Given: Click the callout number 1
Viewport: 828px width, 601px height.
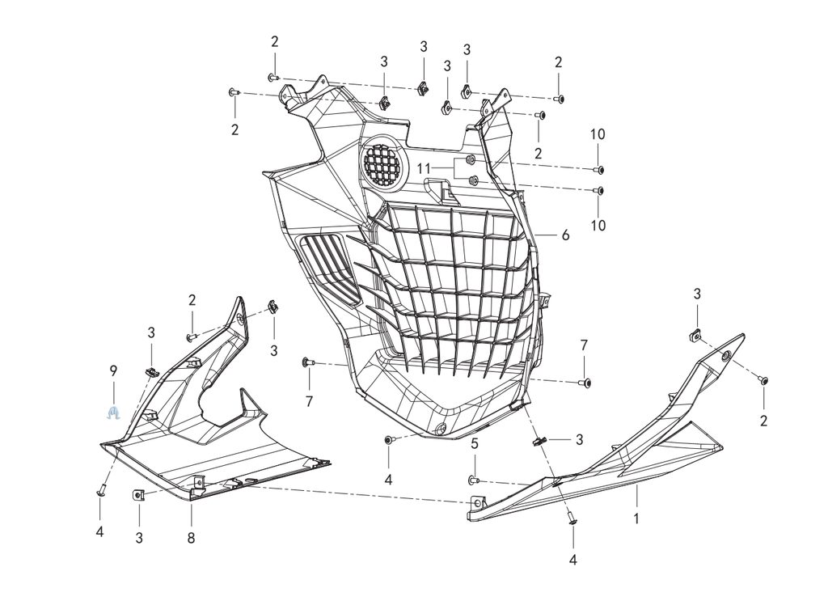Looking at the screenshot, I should click(636, 518).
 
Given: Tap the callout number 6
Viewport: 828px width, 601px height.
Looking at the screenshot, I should click(565, 235).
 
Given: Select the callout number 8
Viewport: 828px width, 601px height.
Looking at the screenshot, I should click(192, 537).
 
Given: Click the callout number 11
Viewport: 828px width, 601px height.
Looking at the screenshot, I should click(425, 168).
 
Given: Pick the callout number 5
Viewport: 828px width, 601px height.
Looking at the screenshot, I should click(475, 443).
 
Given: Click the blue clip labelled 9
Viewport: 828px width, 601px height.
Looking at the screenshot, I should click(114, 413).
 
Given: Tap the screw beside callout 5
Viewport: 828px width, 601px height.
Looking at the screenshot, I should click(475, 480).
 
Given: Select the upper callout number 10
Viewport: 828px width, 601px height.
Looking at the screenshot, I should click(598, 134).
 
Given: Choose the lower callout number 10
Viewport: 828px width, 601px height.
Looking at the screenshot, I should click(598, 226).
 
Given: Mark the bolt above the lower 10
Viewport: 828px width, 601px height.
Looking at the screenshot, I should click(598, 191).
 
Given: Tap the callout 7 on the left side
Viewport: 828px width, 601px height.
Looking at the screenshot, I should click(309, 401).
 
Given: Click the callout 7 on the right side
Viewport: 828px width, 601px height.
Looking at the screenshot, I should click(584, 345).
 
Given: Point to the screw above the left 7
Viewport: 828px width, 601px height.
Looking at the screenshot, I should click(306, 362).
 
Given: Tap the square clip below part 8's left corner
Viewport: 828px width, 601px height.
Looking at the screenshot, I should click(138, 495).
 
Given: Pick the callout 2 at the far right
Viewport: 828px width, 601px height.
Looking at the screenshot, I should click(763, 421).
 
